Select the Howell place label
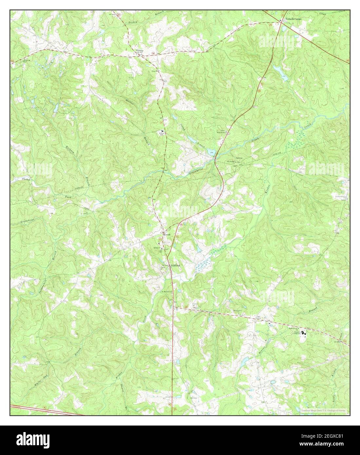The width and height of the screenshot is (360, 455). [167, 233]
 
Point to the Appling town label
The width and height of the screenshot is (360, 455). [174, 266]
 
